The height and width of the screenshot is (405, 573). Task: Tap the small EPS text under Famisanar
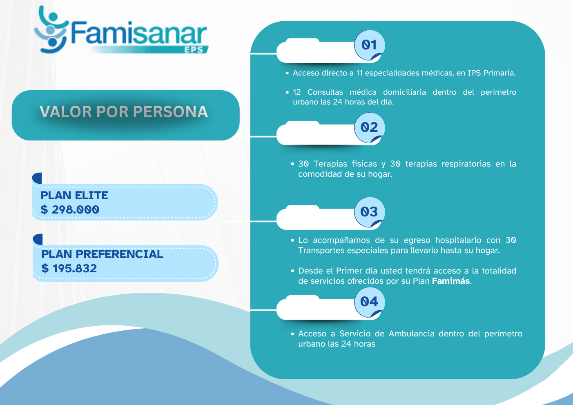194,49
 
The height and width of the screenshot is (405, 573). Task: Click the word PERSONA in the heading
170,112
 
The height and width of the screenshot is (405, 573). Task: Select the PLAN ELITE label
74,195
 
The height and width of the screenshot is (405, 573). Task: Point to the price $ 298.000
70,210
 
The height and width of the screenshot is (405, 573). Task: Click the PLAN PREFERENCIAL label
102,254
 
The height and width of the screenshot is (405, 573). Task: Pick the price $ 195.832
69,269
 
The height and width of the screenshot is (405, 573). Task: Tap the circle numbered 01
369,45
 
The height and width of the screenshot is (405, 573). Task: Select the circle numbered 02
369,128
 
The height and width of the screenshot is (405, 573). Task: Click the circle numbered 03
369,212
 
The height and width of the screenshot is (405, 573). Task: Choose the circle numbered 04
369,302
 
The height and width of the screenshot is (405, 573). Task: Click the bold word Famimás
451,281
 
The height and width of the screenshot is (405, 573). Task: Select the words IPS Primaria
491,73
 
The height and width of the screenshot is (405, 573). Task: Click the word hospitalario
458,240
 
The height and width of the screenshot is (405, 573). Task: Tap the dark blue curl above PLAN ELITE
37,178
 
